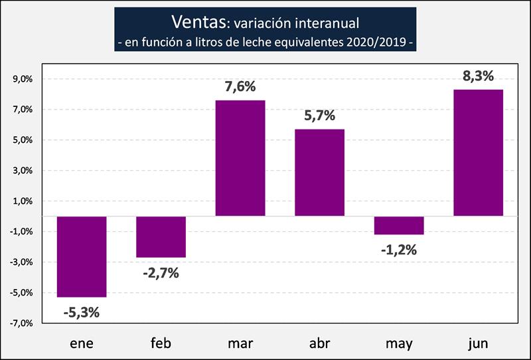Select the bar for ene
[82, 257]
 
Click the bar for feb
[161, 237]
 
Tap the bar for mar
[240, 158]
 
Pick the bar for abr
[319, 173]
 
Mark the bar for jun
[478, 153]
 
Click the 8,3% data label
[478, 76]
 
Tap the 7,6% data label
[240, 87]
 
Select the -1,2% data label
[398, 250]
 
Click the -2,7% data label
[161, 272]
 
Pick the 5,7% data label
[319, 116]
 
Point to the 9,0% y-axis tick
[23, 79]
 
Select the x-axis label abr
[319, 343]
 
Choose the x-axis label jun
[478, 343]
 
